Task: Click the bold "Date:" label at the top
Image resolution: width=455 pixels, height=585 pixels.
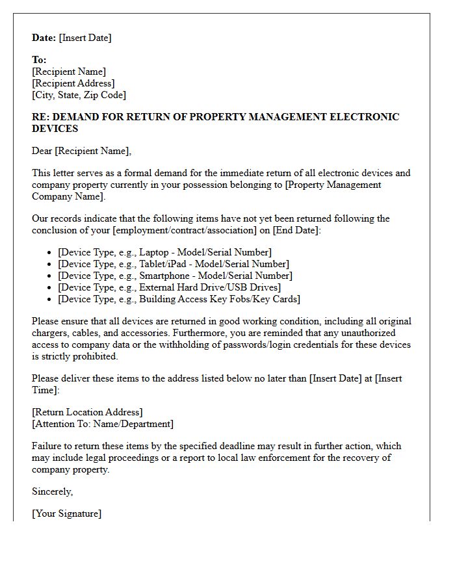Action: [x=44, y=38]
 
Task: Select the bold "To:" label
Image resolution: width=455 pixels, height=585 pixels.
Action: [x=39, y=60]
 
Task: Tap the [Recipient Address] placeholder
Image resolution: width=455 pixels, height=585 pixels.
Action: [x=73, y=83]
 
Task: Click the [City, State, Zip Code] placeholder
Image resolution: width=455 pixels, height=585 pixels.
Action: [x=79, y=95]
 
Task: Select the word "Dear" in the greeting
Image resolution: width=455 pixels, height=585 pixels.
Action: [x=42, y=151]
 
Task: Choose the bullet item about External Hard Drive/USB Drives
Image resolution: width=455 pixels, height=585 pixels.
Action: [x=169, y=287]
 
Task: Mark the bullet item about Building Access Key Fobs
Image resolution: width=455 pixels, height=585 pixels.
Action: [x=179, y=299]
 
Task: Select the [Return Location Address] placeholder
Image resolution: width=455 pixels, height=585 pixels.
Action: [x=87, y=412]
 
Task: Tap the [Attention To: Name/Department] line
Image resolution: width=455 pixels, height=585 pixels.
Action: [x=103, y=424]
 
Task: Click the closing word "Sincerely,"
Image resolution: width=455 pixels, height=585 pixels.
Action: [x=53, y=491]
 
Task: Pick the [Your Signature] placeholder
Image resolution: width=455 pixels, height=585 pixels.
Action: [x=66, y=513]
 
